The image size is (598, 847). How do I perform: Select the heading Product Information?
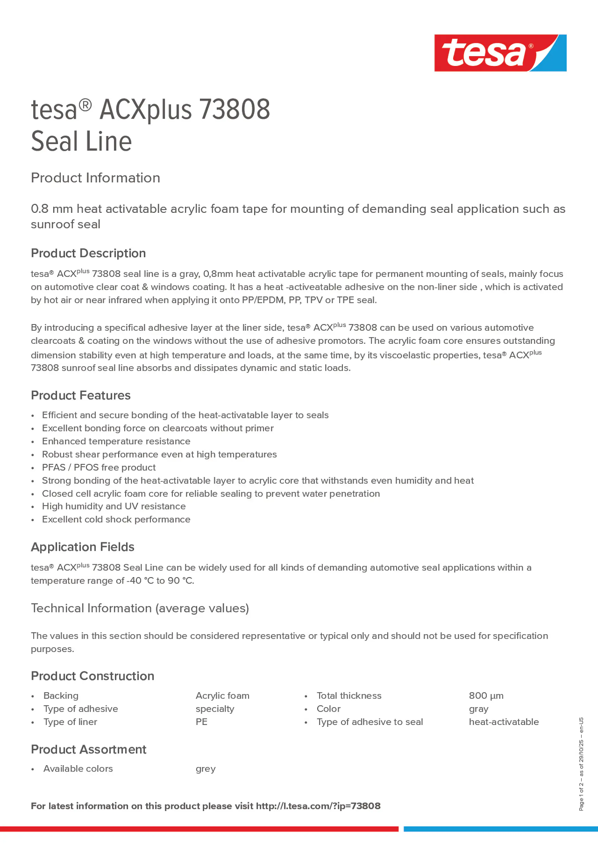(x=95, y=178)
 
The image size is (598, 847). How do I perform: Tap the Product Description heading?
(x=88, y=253)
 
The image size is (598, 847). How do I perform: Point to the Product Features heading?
(x=81, y=395)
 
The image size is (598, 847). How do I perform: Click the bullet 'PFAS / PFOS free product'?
(x=99, y=467)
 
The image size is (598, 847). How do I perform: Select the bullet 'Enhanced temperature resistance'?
(x=116, y=441)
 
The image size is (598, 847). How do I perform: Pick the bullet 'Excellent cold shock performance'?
(x=116, y=519)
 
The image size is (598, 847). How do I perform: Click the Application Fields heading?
(x=83, y=547)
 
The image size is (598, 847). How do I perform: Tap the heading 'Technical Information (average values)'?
(x=140, y=608)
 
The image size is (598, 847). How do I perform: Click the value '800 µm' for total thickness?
(x=486, y=696)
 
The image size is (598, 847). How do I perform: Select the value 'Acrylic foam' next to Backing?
(x=222, y=696)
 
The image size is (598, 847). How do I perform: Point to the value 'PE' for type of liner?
(x=201, y=722)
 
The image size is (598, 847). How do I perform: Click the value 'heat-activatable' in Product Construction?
(x=504, y=722)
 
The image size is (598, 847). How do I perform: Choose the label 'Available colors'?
(x=78, y=769)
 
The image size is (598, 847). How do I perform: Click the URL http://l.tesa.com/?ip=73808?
(x=318, y=806)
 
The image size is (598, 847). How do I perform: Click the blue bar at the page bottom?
(x=500, y=829)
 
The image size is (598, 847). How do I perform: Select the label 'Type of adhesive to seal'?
(x=370, y=722)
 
